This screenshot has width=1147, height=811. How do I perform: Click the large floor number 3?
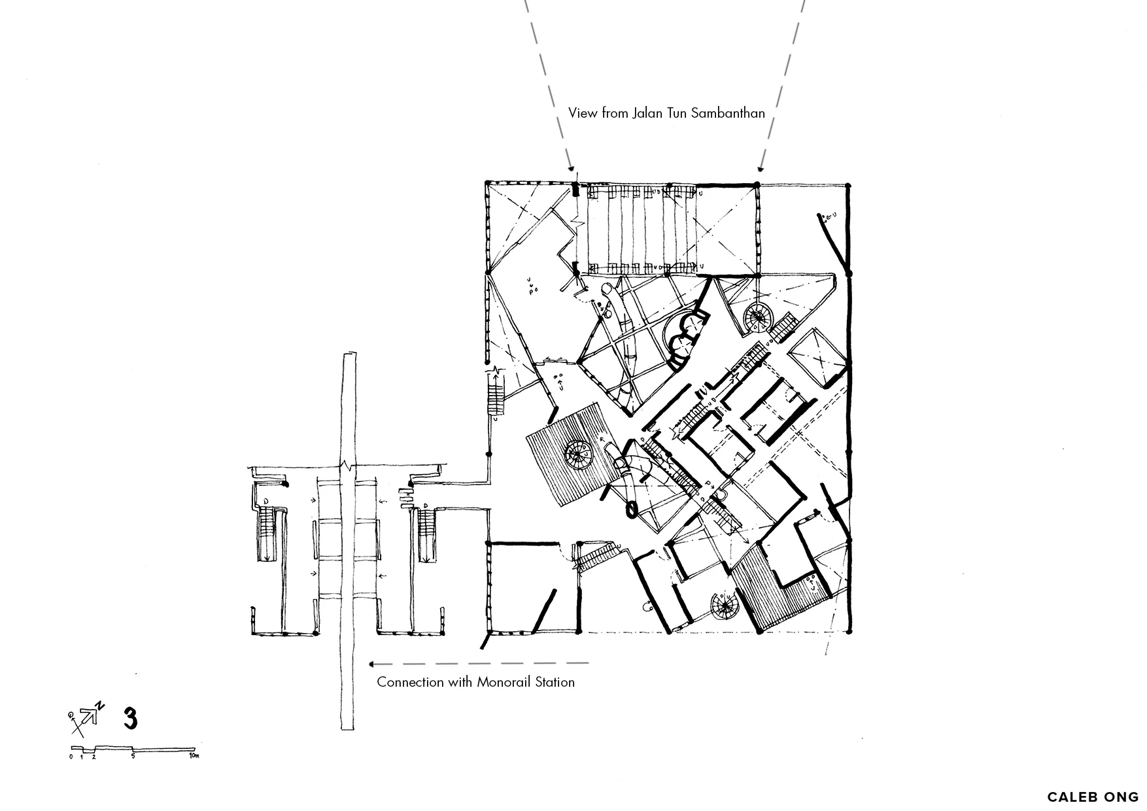coord(130,718)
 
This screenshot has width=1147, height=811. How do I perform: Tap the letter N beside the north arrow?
coord(100,705)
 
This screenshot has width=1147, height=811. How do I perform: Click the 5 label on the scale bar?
coord(133,757)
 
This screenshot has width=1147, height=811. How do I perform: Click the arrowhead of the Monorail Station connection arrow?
coord(371,664)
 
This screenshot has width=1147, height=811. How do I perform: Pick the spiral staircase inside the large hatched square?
coord(578,452)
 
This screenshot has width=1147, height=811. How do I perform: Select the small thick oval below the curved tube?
coord(632,509)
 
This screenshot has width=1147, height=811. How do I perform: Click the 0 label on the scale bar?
coord(71,757)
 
